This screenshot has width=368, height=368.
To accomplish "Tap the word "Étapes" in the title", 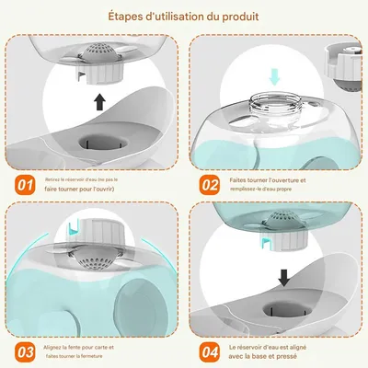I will [126, 17].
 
